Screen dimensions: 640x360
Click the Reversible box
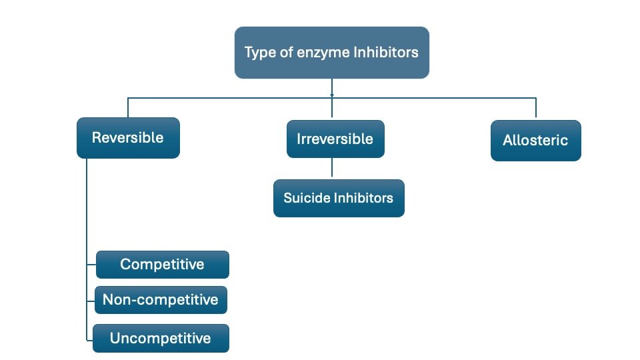click(x=128, y=138)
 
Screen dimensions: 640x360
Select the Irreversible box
click(x=335, y=139)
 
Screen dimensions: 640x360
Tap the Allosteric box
click(x=535, y=141)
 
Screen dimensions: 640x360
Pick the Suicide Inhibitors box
click(x=339, y=198)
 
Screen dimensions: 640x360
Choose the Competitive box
click(x=163, y=265)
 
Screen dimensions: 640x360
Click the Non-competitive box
click(x=161, y=300)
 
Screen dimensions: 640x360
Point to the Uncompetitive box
click(x=161, y=339)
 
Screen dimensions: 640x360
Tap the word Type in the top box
click(x=261, y=53)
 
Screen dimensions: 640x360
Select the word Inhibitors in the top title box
click(x=386, y=52)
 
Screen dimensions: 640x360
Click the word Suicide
click(x=307, y=198)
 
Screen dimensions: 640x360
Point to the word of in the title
click(x=287, y=52)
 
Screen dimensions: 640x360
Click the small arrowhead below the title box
click(x=332, y=95)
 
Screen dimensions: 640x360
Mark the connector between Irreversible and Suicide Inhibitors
click(x=332, y=167)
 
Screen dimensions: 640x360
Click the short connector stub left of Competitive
click(x=91, y=265)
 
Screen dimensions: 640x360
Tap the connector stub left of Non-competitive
click(x=91, y=301)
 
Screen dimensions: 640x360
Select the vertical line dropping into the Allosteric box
click(x=535, y=108)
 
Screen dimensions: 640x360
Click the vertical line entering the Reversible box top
click(x=128, y=108)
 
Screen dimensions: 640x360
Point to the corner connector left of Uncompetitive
click(x=87, y=339)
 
